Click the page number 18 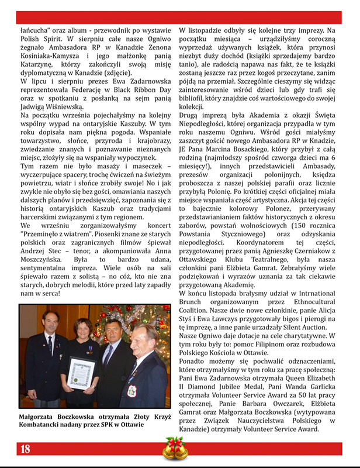25,449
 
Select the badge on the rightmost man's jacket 131,387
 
